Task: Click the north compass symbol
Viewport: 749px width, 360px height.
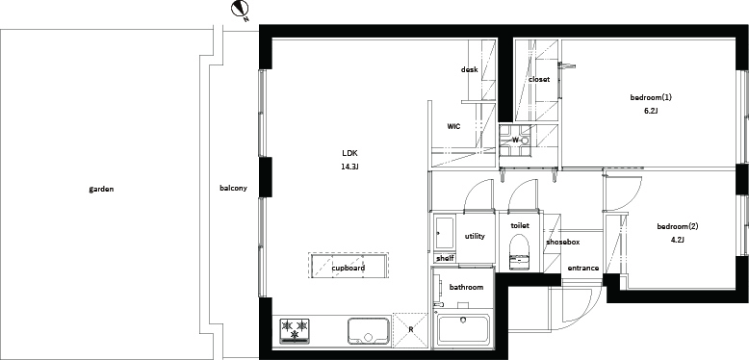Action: (x=240, y=10)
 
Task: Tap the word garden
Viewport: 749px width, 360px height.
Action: (x=101, y=189)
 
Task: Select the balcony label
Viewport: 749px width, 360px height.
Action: (x=233, y=188)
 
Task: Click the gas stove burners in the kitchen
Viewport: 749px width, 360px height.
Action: (x=294, y=330)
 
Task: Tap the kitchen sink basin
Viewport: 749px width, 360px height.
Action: (x=368, y=330)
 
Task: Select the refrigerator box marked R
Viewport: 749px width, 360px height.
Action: (x=410, y=329)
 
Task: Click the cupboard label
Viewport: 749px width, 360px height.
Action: (x=349, y=268)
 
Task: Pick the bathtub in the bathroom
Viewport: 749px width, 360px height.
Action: (x=463, y=329)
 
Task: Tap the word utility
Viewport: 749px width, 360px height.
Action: (x=475, y=236)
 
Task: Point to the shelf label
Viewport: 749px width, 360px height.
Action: (x=445, y=258)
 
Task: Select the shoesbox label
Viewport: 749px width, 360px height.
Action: (x=562, y=242)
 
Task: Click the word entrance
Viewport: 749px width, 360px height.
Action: (x=582, y=268)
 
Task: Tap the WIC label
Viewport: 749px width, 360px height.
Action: (x=453, y=126)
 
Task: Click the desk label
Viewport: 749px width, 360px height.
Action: (x=469, y=69)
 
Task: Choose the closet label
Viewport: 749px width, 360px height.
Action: (x=539, y=79)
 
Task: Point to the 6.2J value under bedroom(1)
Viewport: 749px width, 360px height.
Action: (x=651, y=111)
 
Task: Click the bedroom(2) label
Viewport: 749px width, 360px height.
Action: (x=678, y=226)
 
